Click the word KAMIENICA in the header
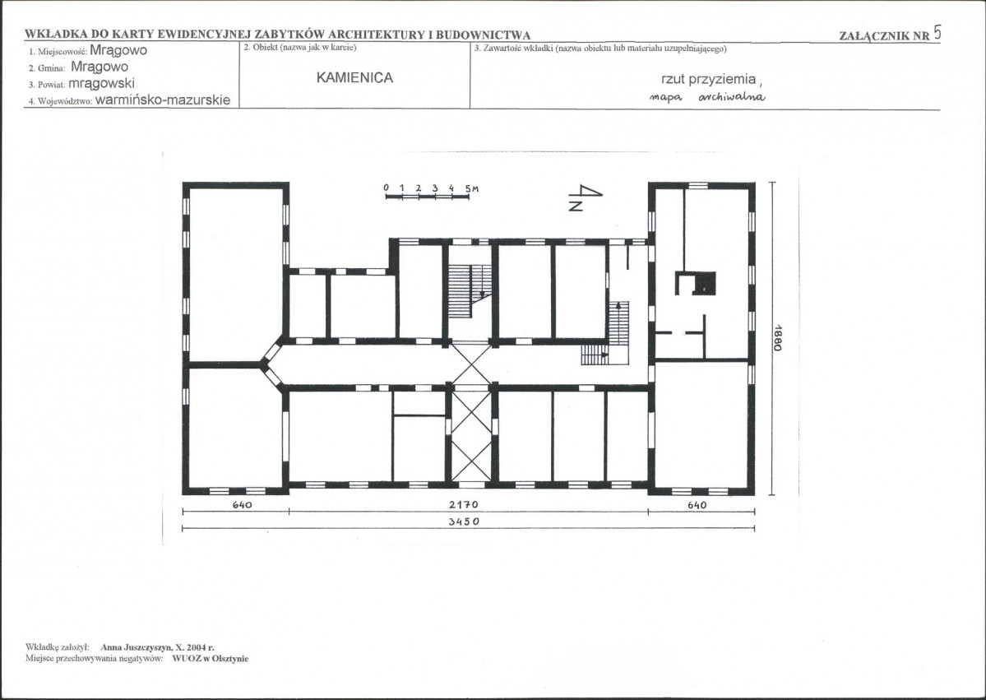(x=354, y=78)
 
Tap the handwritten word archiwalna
(x=732, y=97)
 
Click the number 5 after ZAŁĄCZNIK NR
(x=937, y=33)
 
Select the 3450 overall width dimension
(x=464, y=522)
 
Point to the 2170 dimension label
(x=464, y=504)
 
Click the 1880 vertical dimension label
(x=777, y=337)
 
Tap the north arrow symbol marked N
(x=585, y=197)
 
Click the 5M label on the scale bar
(x=472, y=188)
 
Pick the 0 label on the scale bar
(x=387, y=188)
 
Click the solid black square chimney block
(x=704, y=283)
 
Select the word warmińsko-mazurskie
(x=163, y=100)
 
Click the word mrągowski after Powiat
(x=101, y=84)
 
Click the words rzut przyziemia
(x=708, y=79)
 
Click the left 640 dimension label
(x=242, y=504)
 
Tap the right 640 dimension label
(x=697, y=504)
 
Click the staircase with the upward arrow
(x=618, y=323)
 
